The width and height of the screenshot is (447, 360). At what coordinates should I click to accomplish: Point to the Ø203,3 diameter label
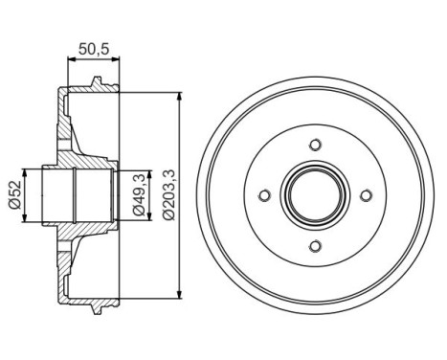coord(168,195)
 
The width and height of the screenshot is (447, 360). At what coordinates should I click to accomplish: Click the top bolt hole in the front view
coord(316,145)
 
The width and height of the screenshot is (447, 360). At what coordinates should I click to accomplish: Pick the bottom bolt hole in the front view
coord(316,247)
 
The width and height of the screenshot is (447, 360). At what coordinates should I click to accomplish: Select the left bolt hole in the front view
coord(265,196)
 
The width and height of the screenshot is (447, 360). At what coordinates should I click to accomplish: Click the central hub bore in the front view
coord(316,196)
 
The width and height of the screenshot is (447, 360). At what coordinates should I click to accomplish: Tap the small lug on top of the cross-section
coord(98,88)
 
